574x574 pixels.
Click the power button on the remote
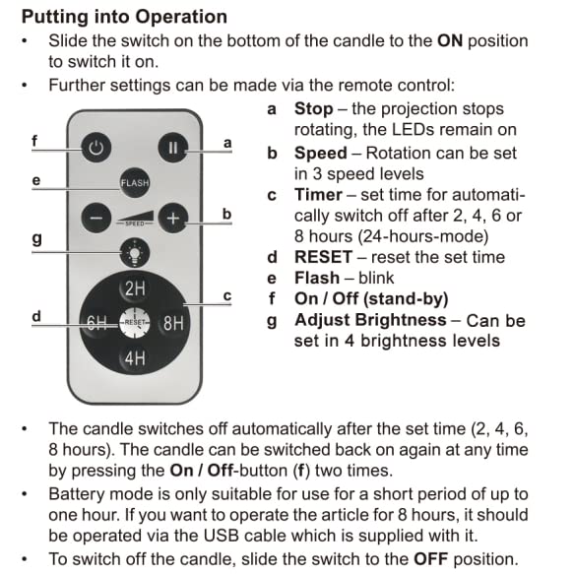(x=96, y=150)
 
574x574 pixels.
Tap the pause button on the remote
(x=172, y=150)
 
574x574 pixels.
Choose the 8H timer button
(x=173, y=322)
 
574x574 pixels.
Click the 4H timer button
(x=134, y=357)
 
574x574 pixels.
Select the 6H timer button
(x=96, y=322)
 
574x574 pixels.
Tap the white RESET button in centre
(x=134, y=322)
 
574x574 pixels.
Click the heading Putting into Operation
(x=124, y=17)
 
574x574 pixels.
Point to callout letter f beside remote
(x=33, y=140)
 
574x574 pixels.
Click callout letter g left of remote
(x=35, y=237)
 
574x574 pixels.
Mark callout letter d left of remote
(x=35, y=316)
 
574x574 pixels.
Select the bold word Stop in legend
(x=313, y=108)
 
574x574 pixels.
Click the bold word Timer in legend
(x=318, y=194)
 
